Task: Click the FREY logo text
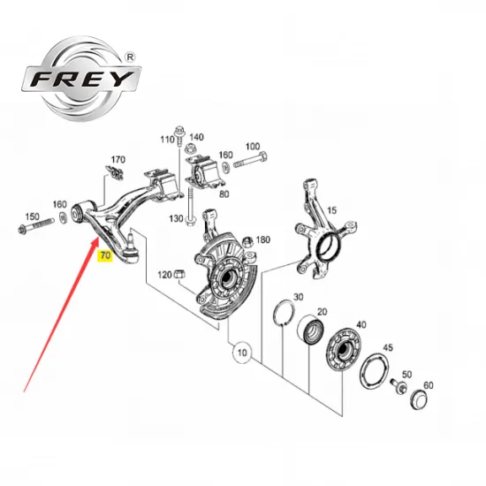pyautogui.click(x=82, y=79)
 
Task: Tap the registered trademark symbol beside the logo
pyautogui.click(x=131, y=57)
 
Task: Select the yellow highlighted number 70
pyautogui.click(x=105, y=255)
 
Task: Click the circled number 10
pyautogui.click(x=242, y=353)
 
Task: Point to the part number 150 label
pyautogui.click(x=32, y=216)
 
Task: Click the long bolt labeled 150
pyautogui.click(x=36, y=226)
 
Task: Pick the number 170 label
pyautogui.click(x=118, y=160)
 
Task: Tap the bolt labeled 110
pyautogui.click(x=179, y=136)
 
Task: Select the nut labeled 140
pyautogui.click(x=190, y=148)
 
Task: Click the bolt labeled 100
pyautogui.click(x=250, y=159)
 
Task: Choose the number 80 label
pyautogui.click(x=224, y=194)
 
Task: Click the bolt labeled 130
pyautogui.click(x=190, y=207)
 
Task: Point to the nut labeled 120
pyautogui.click(x=180, y=274)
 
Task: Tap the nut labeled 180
pyautogui.click(x=248, y=241)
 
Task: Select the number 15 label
pyautogui.click(x=331, y=210)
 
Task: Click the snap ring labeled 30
pyautogui.click(x=284, y=314)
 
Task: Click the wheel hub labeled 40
pyautogui.click(x=344, y=349)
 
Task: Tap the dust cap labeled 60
pyautogui.click(x=419, y=400)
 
